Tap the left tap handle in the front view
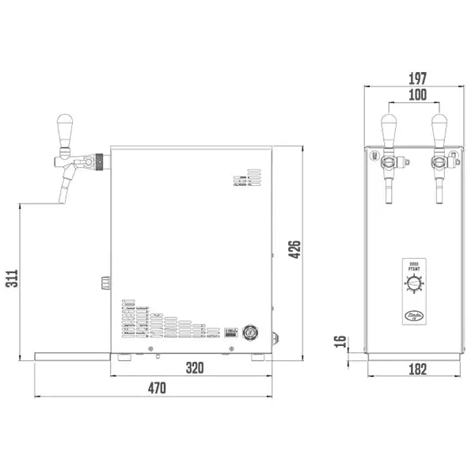[389, 128]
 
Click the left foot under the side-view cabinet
[124, 357]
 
